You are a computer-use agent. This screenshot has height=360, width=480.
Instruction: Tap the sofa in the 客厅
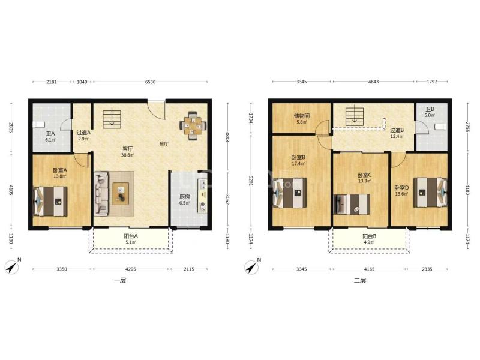(101, 193)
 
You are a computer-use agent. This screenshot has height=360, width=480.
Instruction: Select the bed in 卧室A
(50, 202)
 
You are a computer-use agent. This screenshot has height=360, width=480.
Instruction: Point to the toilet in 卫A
(38, 125)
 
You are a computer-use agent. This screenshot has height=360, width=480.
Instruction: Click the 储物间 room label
(302, 116)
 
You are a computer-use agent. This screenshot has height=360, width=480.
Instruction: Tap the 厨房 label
(184, 197)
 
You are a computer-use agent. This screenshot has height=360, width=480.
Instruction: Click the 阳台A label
(131, 236)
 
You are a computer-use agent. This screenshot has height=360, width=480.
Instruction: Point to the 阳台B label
(369, 236)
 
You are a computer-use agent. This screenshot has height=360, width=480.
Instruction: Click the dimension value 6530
(151, 82)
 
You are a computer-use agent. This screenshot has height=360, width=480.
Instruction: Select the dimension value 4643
(373, 82)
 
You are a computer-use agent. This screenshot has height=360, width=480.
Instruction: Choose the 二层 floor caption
(360, 280)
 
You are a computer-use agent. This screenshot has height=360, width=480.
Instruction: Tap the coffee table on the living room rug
(121, 193)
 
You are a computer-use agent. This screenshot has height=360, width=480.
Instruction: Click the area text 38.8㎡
(128, 155)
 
